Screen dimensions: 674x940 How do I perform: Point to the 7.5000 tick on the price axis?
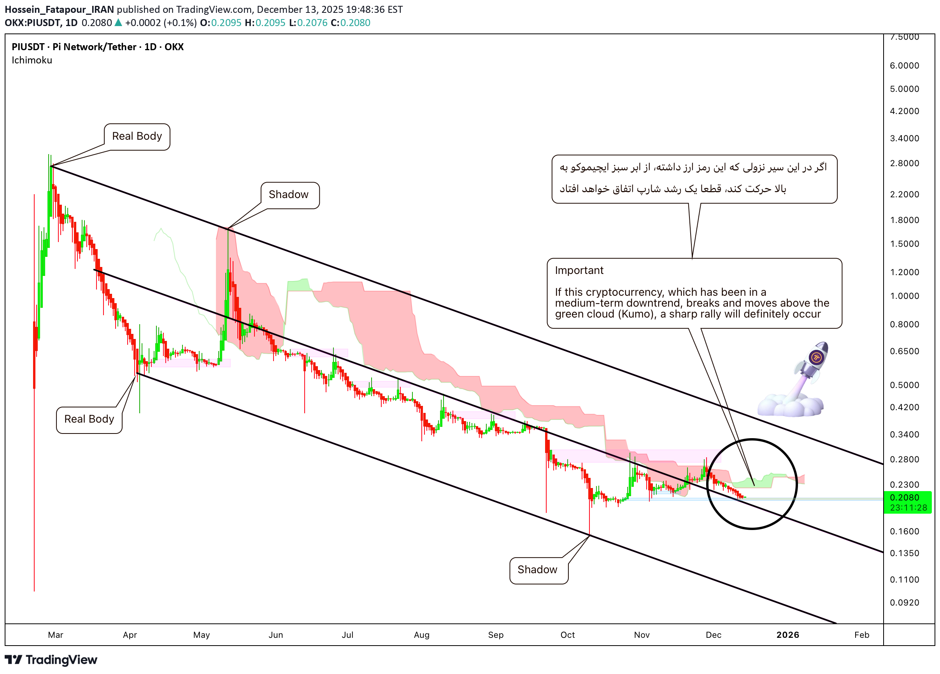point(904,37)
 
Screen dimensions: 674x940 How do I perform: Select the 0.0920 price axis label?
point(904,602)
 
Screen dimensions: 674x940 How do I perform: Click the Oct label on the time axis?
point(567,635)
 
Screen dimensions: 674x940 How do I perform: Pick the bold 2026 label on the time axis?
point(787,635)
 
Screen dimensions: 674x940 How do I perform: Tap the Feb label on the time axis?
point(862,635)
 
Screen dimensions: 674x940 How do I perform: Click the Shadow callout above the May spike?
point(289,195)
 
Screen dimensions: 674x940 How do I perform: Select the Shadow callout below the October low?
point(538,570)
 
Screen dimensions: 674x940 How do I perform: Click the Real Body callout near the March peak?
point(137,136)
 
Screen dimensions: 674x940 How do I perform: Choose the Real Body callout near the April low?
point(89,419)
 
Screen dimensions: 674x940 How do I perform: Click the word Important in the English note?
point(579,270)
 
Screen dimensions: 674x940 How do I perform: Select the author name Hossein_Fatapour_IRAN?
point(59,9)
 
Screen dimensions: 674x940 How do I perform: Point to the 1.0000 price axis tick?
point(904,296)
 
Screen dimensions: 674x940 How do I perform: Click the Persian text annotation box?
point(694,179)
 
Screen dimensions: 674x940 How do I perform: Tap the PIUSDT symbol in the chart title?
point(28,47)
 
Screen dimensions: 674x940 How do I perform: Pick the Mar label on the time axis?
point(56,635)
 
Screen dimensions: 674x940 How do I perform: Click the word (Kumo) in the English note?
point(637,314)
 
